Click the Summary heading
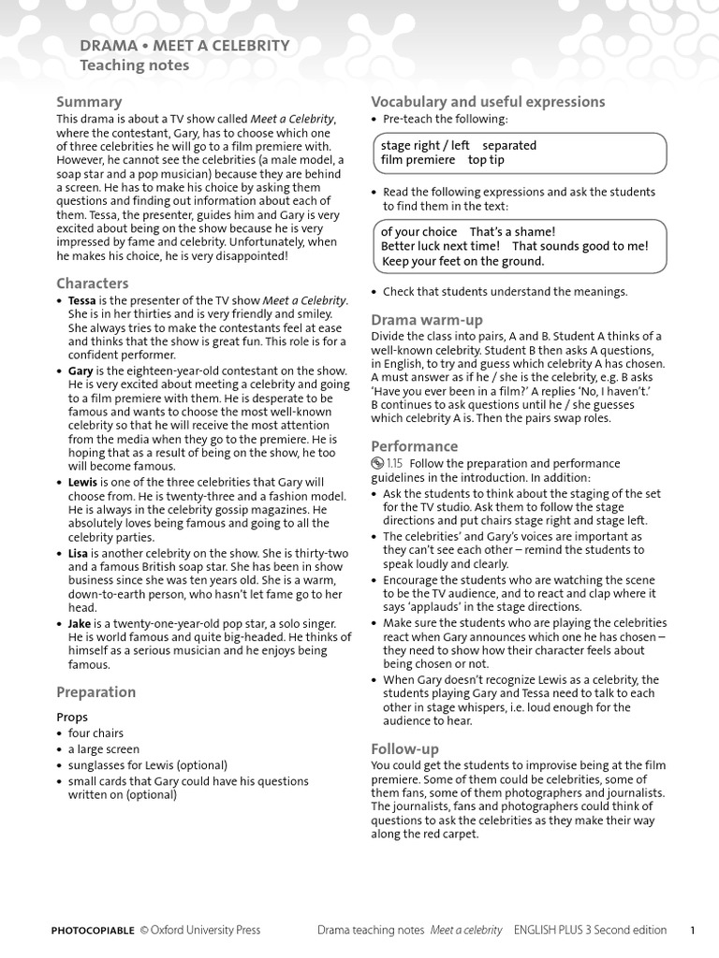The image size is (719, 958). (x=89, y=102)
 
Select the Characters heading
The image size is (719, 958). (x=93, y=283)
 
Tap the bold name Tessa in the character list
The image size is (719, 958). (x=81, y=300)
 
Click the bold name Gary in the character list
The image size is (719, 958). (x=80, y=371)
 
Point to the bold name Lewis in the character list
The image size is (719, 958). (x=82, y=482)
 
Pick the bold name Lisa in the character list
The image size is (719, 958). (x=80, y=553)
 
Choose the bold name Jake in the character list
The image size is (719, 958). (x=80, y=623)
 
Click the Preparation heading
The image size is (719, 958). (x=95, y=692)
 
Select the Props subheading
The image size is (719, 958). (x=72, y=718)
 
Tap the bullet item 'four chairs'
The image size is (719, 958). (x=95, y=733)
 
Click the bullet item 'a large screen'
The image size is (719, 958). (x=103, y=749)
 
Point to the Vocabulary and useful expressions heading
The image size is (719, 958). (x=488, y=102)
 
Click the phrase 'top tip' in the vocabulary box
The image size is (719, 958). (x=486, y=160)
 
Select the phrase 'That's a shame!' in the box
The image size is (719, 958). (x=512, y=231)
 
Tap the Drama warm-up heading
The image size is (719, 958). (x=427, y=320)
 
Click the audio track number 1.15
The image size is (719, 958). (x=394, y=463)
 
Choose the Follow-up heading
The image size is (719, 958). (x=404, y=749)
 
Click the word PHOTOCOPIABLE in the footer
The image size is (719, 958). (x=93, y=930)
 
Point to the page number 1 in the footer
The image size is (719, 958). (x=693, y=930)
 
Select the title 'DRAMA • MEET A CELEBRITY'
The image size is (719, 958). (x=184, y=46)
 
